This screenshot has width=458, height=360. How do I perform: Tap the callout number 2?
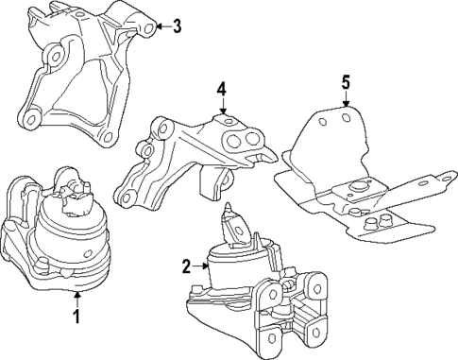[x=187, y=266]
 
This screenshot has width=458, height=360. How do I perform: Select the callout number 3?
[x=178, y=26]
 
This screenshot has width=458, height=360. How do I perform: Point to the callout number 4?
[x=221, y=89]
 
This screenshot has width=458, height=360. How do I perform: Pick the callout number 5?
[x=345, y=83]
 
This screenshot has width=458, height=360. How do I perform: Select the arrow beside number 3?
[x=161, y=26]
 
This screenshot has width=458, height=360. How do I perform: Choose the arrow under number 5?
[x=345, y=100]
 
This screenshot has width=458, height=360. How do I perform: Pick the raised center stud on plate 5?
[x=360, y=185]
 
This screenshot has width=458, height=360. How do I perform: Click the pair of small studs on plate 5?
[x=378, y=223]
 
